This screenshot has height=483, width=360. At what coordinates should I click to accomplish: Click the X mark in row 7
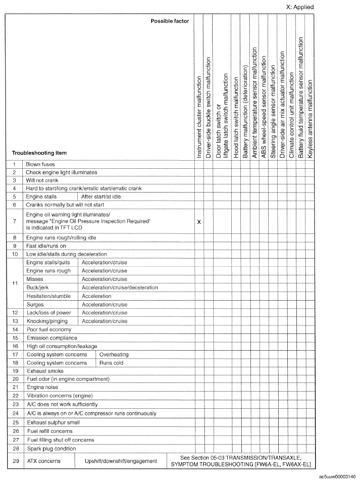[x=199, y=222]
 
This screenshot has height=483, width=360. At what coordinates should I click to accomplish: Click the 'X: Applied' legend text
[x=300, y=7]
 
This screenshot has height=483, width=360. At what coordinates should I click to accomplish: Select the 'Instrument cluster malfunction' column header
[x=199, y=117]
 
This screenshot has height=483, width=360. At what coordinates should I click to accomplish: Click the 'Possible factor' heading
[x=170, y=21]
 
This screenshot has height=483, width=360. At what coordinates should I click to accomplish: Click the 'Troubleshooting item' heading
[x=39, y=153]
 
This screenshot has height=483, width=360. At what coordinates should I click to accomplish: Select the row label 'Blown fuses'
[x=40, y=164]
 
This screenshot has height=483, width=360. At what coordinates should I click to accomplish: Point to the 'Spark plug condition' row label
[x=52, y=448]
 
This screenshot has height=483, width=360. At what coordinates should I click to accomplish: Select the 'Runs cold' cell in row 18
[x=111, y=362]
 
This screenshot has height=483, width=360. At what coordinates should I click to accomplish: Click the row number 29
[x=15, y=461]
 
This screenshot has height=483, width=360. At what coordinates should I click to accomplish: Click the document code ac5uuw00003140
[x=337, y=476]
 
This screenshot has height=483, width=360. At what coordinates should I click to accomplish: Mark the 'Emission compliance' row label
[x=52, y=337]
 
